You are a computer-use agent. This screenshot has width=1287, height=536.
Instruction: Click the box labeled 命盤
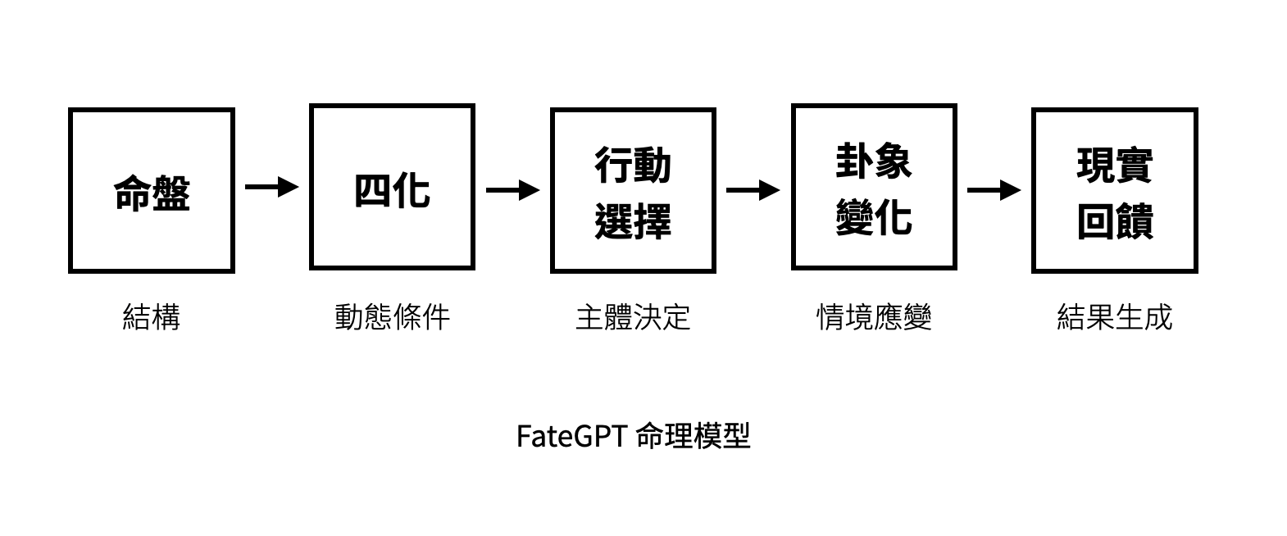152,190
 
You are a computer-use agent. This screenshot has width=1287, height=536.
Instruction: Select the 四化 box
392,187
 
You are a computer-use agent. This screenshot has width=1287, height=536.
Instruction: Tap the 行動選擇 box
633,190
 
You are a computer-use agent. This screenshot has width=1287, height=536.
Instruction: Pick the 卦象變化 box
874,187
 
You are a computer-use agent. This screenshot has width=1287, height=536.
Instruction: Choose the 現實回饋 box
1115,190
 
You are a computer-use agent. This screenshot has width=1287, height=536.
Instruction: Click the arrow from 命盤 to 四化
272,187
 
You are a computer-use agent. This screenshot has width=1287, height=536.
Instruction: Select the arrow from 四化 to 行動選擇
512,191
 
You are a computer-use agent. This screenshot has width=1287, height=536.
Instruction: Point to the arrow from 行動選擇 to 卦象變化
753,191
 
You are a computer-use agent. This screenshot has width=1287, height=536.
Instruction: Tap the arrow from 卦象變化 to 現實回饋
994,191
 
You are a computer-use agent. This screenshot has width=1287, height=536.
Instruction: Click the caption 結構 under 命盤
152,317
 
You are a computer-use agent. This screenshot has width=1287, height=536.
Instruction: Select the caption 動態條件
392,317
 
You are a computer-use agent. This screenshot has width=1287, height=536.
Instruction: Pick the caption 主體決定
633,317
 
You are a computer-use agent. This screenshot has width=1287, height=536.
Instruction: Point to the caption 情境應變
874,317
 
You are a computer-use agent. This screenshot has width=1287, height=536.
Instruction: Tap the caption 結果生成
1115,317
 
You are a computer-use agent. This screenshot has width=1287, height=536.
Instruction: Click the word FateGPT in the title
571,436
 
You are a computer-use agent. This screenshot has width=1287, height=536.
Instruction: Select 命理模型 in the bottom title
693,436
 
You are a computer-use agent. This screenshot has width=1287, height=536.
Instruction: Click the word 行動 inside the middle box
633,166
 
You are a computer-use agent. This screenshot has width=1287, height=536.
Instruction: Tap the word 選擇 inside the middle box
633,221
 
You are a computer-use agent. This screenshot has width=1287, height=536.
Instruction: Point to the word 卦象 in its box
874,161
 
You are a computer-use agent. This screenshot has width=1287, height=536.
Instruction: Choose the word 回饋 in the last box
1115,221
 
